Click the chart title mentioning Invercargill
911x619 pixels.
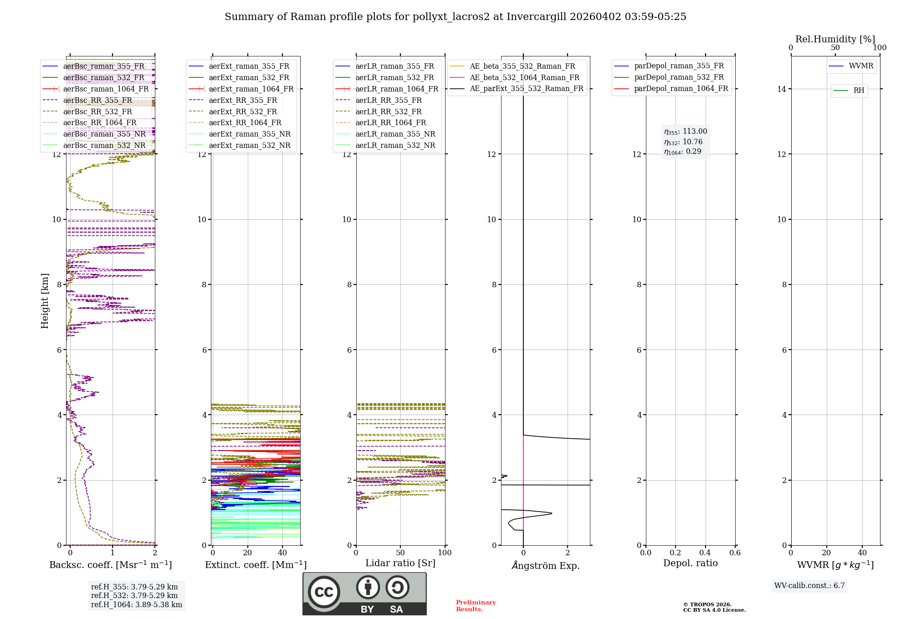pos(455,17)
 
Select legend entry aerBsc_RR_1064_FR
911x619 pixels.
pos(100,123)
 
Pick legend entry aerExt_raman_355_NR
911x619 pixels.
pos(250,134)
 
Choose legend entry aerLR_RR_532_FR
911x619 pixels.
pos(389,112)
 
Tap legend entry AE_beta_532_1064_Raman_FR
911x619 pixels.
pos(524,77)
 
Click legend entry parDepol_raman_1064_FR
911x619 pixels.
pos(681,89)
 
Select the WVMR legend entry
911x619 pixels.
pos(861,66)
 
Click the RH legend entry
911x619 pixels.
pos(859,91)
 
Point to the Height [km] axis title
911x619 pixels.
pos(45,300)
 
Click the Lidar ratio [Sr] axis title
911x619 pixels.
pos(400,563)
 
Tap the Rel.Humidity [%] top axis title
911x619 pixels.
pos(835,39)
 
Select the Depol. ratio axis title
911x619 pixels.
pos(690,563)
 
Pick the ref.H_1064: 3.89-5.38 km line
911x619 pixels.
pos(136,605)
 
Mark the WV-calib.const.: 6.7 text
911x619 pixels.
pos(809,586)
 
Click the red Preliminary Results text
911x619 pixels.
pos(476,606)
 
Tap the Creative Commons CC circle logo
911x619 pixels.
pos(324,592)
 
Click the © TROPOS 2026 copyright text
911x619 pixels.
pos(707,604)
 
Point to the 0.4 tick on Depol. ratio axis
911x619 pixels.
pos(705,553)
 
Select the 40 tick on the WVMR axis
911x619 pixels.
pos(862,553)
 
